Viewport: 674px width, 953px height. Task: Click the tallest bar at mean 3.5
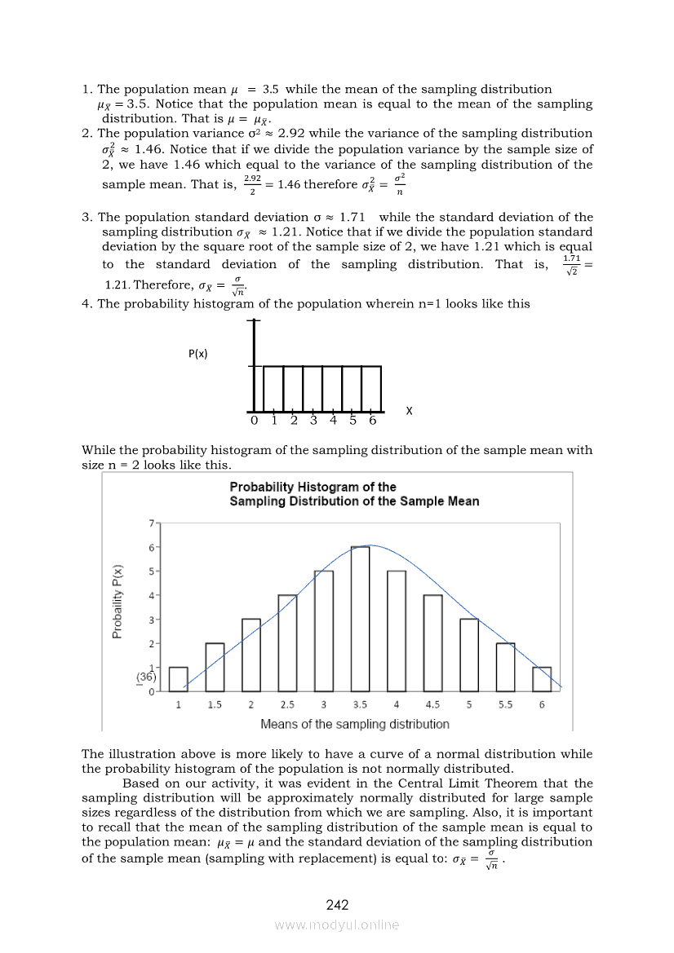[x=360, y=619]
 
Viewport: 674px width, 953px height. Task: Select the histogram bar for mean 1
[x=178, y=679]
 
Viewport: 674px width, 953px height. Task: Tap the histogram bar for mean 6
[x=542, y=679]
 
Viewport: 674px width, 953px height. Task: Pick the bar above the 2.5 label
[x=287, y=643]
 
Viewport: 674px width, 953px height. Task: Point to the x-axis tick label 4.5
[x=432, y=705]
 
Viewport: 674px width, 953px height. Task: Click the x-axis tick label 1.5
[x=214, y=705]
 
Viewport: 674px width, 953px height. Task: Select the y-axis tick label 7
[x=150, y=523]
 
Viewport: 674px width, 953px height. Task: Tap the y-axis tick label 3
[x=150, y=620]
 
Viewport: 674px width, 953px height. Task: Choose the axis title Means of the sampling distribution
[x=354, y=724]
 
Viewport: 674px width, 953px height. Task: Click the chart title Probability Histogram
[x=354, y=494]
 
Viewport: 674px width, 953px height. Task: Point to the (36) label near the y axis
[x=146, y=677]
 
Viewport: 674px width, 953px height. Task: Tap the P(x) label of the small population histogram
[x=197, y=354]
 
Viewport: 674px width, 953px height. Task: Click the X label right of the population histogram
[x=409, y=412]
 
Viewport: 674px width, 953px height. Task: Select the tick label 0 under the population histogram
[x=254, y=421]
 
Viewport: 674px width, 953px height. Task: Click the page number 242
[x=337, y=905]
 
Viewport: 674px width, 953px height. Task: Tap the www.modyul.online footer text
[x=337, y=924]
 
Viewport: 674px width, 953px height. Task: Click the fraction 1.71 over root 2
[x=571, y=265]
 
